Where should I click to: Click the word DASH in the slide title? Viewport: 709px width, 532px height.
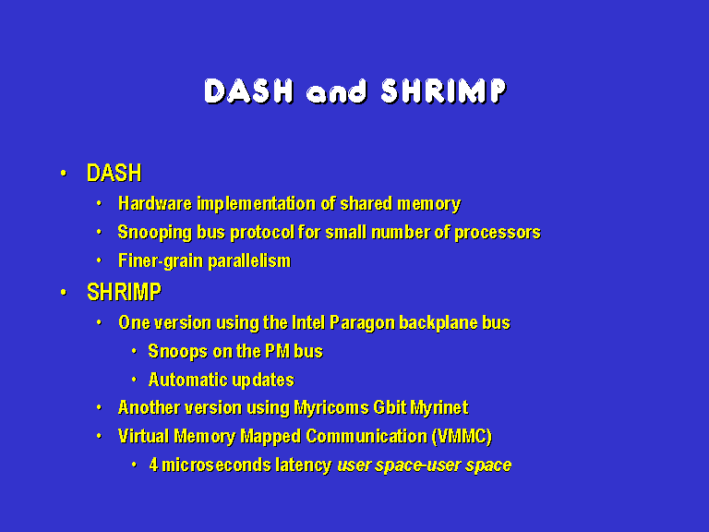coord(248,91)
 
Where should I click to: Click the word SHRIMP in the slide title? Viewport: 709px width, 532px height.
coord(443,91)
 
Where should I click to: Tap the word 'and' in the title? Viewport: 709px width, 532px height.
coord(336,91)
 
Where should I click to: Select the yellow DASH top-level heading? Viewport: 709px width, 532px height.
coord(114,173)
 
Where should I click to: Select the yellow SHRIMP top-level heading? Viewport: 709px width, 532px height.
coord(124,292)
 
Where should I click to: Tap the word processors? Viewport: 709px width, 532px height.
coord(498,233)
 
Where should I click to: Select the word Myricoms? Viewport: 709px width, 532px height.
coord(331,408)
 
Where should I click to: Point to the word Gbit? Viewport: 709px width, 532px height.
coord(390,407)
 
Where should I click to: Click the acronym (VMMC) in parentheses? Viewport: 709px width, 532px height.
coord(462,437)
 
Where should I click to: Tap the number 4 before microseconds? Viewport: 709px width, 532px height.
coord(154,465)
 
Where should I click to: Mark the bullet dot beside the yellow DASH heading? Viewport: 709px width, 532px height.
coord(64,174)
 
